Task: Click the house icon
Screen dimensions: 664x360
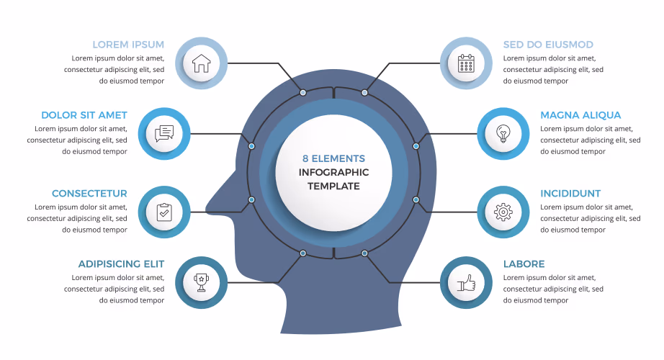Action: pos(201,63)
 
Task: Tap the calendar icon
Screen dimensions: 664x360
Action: pos(466,63)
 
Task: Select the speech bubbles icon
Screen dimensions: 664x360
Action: pos(164,133)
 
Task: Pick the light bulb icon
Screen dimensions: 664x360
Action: pos(503,133)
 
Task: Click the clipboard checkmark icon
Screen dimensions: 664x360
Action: pos(164,212)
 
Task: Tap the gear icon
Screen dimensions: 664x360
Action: pos(503,212)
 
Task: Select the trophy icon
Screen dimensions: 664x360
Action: pos(201,282)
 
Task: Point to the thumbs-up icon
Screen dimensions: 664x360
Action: pos(466,283)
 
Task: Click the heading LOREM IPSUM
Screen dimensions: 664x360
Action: pos(128,45)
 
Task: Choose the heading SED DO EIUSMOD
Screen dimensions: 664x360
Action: pos(548,45)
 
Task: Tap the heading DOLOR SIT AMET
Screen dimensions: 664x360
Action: pos(84,115)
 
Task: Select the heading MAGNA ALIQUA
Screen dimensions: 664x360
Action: pos(580,115)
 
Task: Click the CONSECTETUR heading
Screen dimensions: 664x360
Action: pos(89,194)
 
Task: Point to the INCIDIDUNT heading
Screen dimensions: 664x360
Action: pos(570,194)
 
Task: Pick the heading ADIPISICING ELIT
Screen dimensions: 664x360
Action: pos(121,264)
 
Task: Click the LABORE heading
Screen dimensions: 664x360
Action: pos(524,264)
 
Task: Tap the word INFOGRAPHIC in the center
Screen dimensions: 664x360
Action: pos(333,172)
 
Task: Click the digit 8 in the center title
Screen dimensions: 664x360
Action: pos(305,158)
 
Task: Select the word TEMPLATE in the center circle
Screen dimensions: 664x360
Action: pos(333,186)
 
